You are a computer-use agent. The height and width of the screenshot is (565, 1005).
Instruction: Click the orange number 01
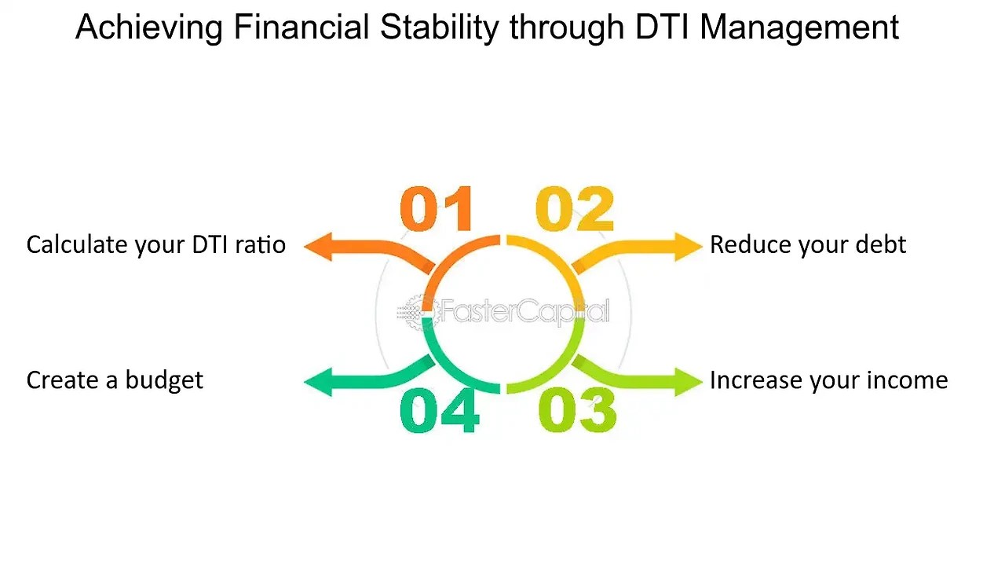click(436, 208)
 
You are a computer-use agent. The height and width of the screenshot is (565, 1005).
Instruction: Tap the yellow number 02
click(574, 208)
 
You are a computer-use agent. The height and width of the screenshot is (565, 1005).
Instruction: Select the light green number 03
click(577, 410)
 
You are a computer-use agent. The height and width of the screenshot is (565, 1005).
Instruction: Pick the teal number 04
click(439, 410)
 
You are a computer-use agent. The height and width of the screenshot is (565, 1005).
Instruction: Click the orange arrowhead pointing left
click(319, 247)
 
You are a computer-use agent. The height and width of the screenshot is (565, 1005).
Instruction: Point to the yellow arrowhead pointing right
click(689, 247)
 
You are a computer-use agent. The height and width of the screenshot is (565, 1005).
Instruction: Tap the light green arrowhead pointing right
click(689, 382)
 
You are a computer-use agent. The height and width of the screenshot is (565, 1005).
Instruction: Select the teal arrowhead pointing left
click(319, 382)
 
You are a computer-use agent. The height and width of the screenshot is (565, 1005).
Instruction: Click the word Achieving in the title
click(149, 28)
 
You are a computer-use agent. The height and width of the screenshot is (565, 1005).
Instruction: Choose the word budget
click(164, 381)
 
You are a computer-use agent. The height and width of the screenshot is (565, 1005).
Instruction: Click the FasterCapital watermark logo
click(503, 312)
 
